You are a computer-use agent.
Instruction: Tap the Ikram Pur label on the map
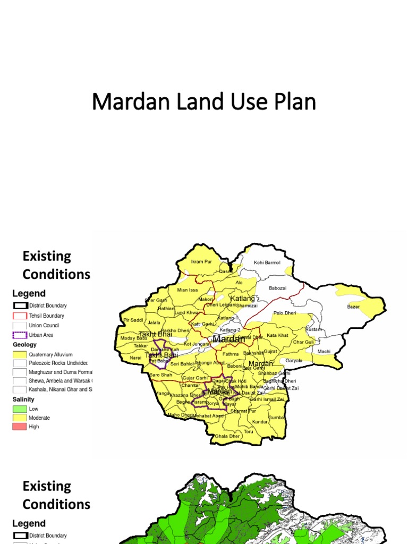(201, 261)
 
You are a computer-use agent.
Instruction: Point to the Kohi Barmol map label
(267, 262)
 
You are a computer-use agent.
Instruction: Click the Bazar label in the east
(353, 307)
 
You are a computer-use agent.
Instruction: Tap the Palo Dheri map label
(285, 313)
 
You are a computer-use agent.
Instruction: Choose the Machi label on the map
(324, 351)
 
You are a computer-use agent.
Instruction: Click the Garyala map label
(294, 360)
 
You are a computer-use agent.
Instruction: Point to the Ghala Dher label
(227, 436)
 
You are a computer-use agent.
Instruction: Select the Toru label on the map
(249, 431)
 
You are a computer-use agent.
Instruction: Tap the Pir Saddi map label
(133, 320)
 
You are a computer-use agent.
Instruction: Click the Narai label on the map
(135, 358)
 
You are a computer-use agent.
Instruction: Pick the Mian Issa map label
(187, 290)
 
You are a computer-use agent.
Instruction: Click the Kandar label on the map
(260, 422)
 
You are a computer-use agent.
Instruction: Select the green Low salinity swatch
(20, 409)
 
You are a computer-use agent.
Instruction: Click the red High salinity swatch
(20, 427)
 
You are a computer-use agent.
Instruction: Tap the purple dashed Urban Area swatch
(20, 335)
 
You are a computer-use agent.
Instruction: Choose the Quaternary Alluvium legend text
(50, 354)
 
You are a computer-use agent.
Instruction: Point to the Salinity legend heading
(23, 399)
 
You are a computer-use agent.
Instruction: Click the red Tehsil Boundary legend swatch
(20, 316)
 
